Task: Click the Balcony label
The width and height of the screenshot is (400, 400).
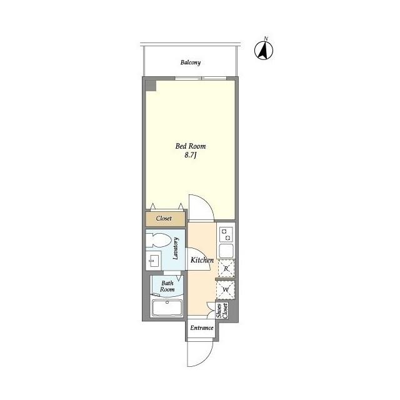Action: [x=191, y=62]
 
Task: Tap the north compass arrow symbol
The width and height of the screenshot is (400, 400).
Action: [x=264, y=50]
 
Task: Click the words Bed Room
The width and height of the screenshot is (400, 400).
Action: [x=191, y=146]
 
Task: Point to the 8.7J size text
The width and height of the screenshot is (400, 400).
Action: [x=191, y=155]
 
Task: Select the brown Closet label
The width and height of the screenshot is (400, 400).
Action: [x=164, y=218]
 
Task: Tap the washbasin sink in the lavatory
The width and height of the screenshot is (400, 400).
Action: [x=153, y=261]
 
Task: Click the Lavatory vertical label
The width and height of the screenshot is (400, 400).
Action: [x=176, y=249]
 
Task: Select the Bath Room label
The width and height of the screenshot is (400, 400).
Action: [x=167, y=286]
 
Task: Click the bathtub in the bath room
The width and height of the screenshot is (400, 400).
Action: [x=167, y=308]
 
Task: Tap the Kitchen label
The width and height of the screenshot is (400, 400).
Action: [x=202, y=260]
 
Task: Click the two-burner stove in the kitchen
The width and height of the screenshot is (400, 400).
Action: [x=226, y=235]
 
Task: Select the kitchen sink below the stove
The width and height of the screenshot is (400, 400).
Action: [x=226, y=251]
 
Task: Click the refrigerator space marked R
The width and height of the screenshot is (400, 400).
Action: [x=226, y=268]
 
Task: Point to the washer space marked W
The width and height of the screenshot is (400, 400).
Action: [x=226, y=290]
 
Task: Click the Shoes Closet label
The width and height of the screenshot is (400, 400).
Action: [x=222, y=311]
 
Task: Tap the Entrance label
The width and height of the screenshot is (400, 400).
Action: [x=202, y=327]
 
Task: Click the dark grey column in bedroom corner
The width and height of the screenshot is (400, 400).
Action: [x=151, y=86]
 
